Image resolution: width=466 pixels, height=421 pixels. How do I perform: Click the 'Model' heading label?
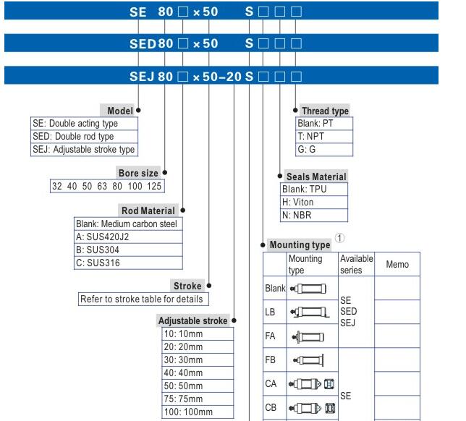coord(120,111)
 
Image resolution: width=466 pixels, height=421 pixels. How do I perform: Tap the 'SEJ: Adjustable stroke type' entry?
coord(84,150)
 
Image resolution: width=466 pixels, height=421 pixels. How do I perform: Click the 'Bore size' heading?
coord(137,173)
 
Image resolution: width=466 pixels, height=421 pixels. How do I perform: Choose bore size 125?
coord(154,187)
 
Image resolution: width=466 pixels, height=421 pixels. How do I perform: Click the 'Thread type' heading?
coord(325,111)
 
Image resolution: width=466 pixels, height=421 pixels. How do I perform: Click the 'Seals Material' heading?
coord(316,177)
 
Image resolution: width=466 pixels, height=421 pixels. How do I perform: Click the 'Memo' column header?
coord(397,265)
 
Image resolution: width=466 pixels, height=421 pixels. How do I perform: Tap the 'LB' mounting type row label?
coord(271,314)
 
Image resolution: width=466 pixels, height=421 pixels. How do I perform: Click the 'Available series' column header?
coord(356,264)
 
